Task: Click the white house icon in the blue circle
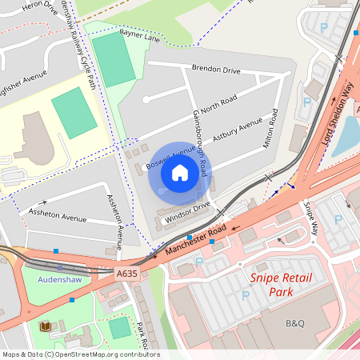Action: click(180, 173)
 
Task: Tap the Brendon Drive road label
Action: click(217, 70)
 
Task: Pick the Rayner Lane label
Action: click(140, 36)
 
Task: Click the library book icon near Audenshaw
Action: click(45, 326)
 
